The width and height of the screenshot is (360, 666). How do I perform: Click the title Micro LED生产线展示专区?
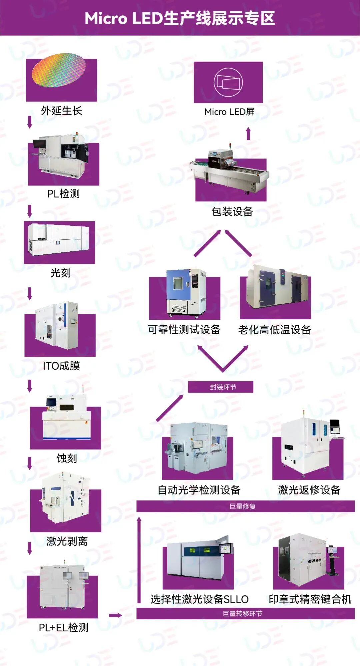click(180, 18)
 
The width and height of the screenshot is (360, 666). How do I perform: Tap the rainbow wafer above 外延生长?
click(59, 70)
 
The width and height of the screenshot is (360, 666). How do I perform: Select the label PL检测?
click(63, 194)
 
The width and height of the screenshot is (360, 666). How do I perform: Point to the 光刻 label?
click(60, 273)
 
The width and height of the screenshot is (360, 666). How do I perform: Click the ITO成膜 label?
click(61, 366)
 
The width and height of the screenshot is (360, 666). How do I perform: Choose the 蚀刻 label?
click(67, 458)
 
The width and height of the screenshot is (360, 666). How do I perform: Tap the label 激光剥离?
click(67, 541)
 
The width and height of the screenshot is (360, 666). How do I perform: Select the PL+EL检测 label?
click(63, 628)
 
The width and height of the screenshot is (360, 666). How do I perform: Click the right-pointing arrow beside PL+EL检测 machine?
click(115, 615)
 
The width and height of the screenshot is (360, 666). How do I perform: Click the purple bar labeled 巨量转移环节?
click(245, 614)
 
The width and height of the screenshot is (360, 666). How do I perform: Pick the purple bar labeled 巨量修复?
click(245, 506)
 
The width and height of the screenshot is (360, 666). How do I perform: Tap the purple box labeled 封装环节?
click(221, 387)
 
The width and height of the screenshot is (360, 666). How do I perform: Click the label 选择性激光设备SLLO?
click(199, 599)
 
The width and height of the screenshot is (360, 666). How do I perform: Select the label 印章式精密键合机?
click(310, 599)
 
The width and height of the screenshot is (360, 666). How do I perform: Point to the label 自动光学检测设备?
click(199, 490)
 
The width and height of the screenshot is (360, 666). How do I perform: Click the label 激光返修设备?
click(309, 490)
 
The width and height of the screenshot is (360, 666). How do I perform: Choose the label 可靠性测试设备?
click(184, 330)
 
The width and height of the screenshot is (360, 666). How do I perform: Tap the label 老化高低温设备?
click(274, 330)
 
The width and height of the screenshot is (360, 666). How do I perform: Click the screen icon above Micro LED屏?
click(228, 82)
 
